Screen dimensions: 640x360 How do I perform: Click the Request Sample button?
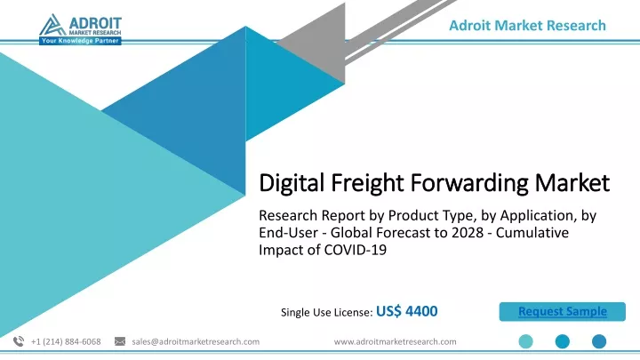562,311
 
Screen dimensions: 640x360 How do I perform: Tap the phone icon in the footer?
19,341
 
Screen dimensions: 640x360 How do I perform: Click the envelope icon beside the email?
120,341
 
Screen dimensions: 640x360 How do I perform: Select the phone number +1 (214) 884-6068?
66,341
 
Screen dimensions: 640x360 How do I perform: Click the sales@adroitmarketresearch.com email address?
196,341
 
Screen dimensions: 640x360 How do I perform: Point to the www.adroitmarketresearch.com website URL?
395,341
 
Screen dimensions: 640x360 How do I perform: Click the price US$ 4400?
406,311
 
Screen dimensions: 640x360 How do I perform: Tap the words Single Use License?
325,312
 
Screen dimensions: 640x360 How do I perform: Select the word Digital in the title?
292,182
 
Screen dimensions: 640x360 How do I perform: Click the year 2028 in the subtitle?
469,232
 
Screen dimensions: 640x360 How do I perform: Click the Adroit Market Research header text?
527,25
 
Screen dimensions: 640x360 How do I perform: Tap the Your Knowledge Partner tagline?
80,41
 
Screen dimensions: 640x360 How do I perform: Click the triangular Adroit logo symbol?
52,24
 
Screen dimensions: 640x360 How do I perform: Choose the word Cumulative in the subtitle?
532,232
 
